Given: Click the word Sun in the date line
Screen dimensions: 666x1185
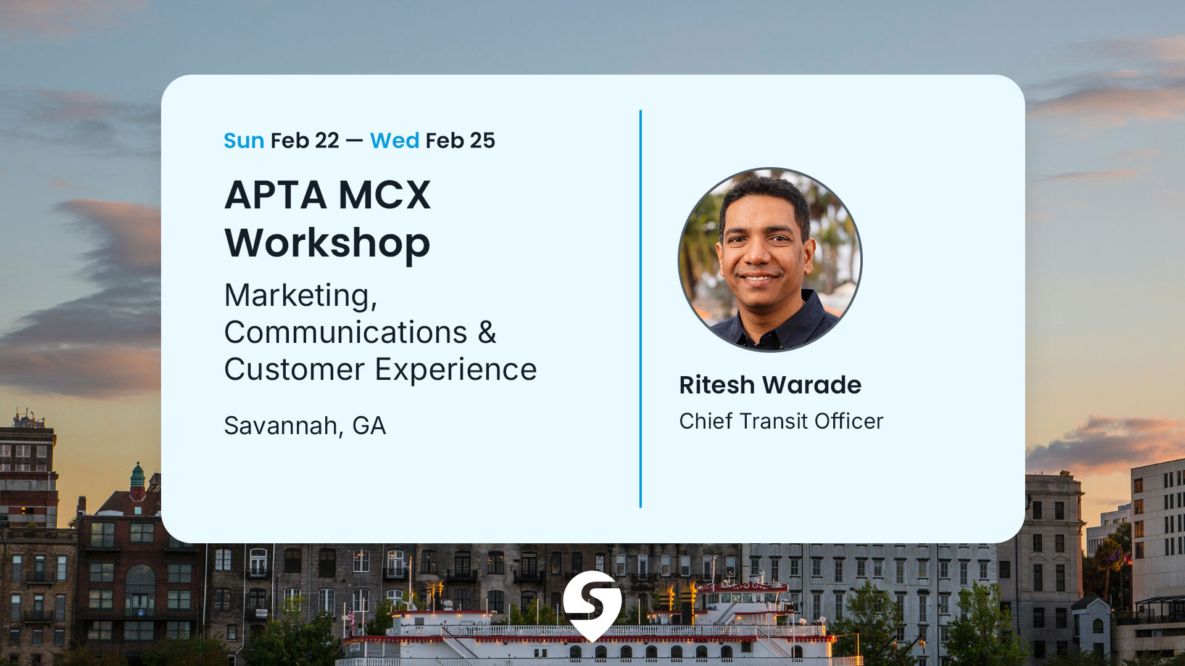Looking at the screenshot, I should (x=244, y=141).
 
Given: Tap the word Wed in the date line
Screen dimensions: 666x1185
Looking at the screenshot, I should (x=394, y=141).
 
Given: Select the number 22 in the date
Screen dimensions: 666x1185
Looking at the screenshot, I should (x=326, y=141).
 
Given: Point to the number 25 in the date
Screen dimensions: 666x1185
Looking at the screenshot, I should (x=482, y=141).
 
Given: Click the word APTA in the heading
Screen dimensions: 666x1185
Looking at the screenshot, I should (x=275, y=195).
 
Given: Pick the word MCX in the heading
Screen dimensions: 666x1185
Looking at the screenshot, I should (x=385, y=195).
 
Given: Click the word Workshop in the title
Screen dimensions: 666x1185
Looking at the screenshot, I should (x=327, y=243).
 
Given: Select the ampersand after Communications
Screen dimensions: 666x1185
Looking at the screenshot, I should (x=487, y=333).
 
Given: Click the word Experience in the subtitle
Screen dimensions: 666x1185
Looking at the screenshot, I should (x=456, y=370).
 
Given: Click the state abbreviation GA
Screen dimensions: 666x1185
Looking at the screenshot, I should (x=369, y=426).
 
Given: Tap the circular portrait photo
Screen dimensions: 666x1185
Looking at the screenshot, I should (x=770, y=260).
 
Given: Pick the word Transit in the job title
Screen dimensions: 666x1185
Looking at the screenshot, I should (x=773, y=421).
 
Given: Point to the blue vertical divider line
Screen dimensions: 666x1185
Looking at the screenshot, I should (x=641, y=308).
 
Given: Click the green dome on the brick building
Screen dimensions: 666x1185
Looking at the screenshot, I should (x=138, y=476).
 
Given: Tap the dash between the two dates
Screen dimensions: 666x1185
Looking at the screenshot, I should (x=354, y=141).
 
